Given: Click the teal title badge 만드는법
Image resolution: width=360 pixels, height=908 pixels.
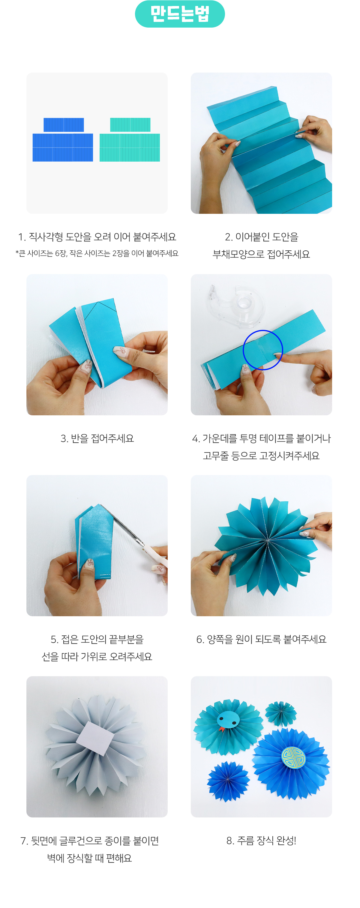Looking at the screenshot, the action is (x=180, y=14).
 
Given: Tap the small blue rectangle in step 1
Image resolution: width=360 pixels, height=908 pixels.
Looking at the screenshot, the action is (x=64, y=125).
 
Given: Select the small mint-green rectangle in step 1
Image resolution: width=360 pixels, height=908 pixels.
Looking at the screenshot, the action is (x=130, y=125).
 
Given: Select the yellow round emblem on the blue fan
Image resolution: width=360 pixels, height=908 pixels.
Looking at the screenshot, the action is (x=293, y=757).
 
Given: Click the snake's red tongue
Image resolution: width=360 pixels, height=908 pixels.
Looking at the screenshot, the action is (x=222, y=729).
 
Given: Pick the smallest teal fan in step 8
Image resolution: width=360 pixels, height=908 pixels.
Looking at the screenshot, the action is (x=281, y=714).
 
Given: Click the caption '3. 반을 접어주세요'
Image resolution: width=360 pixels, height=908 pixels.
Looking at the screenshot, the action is (x=97, y=438).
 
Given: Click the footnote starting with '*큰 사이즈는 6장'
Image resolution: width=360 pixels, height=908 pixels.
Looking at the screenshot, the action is (x=97, y=253).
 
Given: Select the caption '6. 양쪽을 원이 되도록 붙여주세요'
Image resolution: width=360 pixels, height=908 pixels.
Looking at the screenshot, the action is (x=261, y=639).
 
